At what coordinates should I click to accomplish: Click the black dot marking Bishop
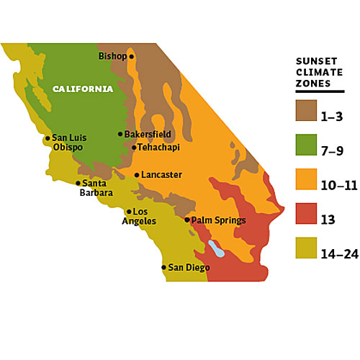click(132, 57)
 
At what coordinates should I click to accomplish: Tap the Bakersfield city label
click(148, 134)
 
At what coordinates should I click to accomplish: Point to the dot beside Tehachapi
click(134, 148)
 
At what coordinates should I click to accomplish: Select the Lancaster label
click(161, 175)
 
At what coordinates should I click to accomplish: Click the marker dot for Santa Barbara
click(78, 184)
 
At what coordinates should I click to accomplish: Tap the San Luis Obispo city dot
click(48, 138)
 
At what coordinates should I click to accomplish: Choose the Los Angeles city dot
click(129, 212)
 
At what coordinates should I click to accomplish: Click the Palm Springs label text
click(219, 220)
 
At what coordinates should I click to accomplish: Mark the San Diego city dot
click(163, 267)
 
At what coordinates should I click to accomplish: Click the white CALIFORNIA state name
click(83, 89)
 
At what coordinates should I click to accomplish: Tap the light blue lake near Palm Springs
click(216, 248)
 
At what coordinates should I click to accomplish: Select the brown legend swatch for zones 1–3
click(306, 110)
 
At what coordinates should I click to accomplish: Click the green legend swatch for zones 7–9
click(306, 145)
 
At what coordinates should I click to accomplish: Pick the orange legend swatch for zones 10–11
click(306, 179)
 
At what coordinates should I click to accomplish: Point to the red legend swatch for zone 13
click(306, 214)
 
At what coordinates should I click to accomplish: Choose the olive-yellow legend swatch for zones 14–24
click(306, 248)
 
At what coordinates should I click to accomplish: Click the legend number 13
click(328, 220)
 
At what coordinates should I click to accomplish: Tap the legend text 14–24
click(340, 254)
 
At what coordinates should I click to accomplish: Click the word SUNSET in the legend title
click(317, 61)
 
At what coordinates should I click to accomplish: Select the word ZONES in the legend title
click(313, 84)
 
